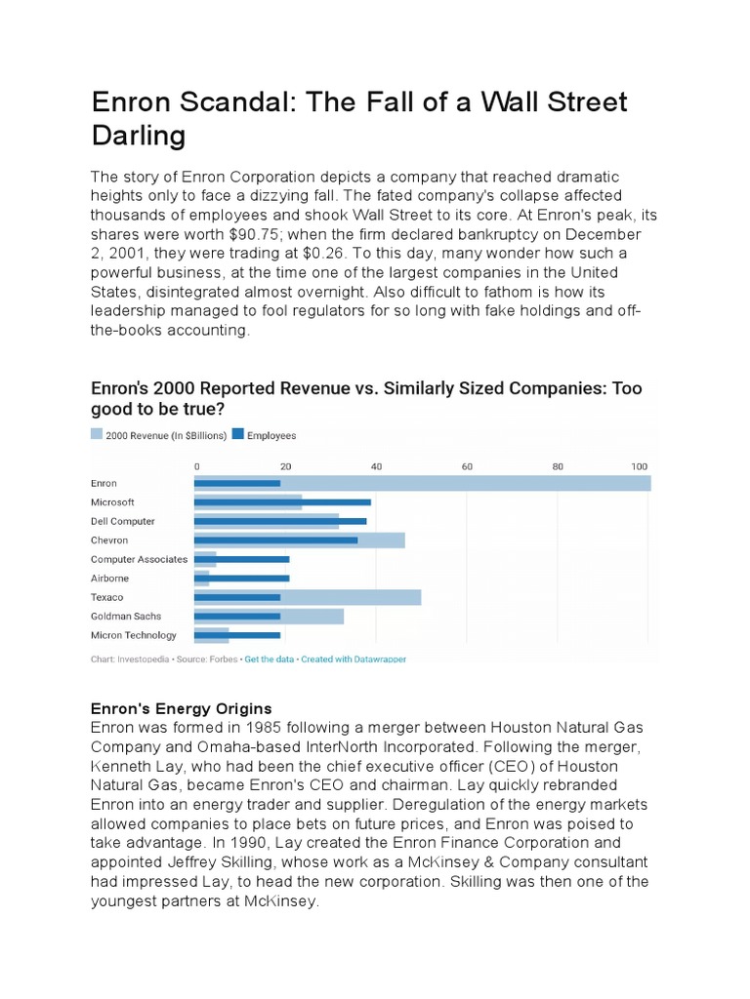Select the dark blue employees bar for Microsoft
(282, 502)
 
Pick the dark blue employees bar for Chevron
(275, 540)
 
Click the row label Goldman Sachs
(126, 617)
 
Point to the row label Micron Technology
(134, 635)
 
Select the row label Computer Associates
(139, 559)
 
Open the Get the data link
(270, 659)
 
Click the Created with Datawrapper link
(354, 659)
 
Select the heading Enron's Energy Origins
(181, 708)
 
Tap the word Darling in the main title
(138, 136)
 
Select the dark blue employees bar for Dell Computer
(280, 521)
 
